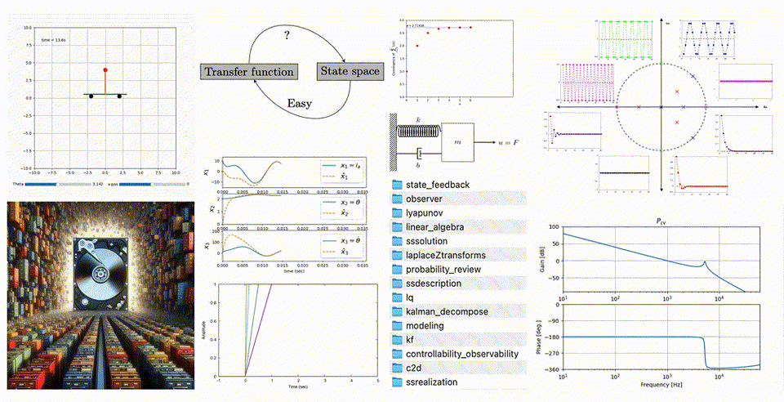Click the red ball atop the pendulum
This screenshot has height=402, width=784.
105,69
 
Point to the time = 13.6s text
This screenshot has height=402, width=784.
53,39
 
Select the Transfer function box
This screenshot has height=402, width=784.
249,72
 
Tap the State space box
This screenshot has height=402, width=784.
349,71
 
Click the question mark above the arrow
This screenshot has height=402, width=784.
286,36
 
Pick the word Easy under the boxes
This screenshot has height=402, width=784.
300,104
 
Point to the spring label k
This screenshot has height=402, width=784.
416,119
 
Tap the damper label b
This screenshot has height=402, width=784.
418,163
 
